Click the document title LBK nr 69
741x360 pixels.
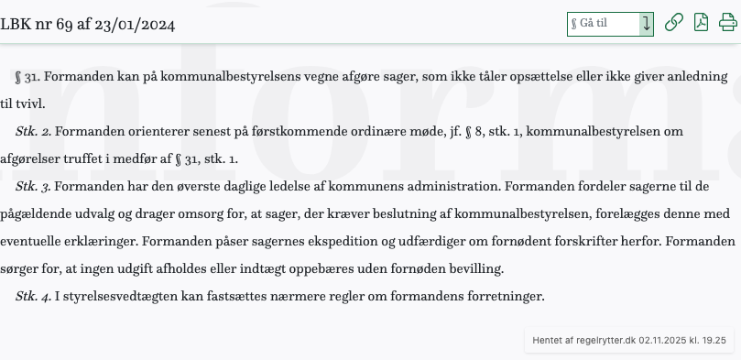(87, 24)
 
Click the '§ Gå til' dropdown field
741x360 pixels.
(603, 24)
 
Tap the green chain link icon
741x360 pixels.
(673, 23)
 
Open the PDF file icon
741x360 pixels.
(701, 23)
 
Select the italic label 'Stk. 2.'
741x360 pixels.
(33, 132)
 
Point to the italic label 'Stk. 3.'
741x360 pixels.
(33, 187)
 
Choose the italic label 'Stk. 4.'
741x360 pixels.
(33, 297)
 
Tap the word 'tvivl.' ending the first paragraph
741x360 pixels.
(27, 104)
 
